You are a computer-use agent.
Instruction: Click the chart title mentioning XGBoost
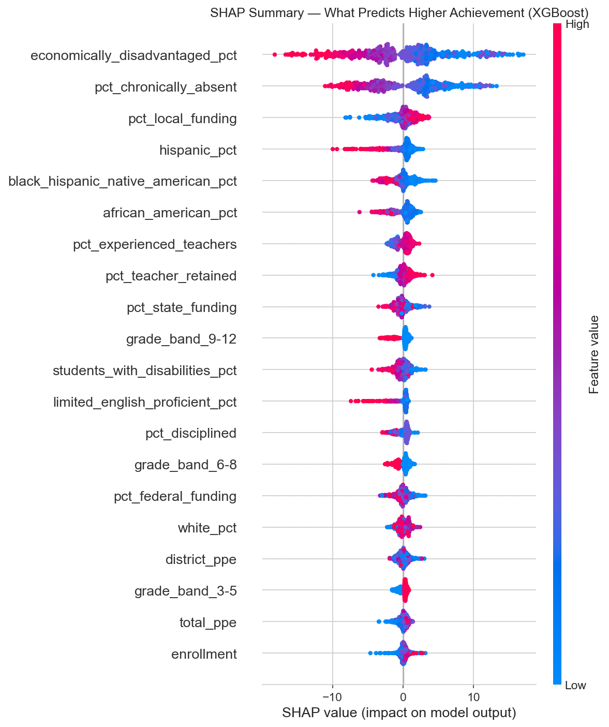point(399,13)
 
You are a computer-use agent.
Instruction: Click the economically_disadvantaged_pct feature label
point(133,55)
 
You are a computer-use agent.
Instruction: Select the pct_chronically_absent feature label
point(166,87)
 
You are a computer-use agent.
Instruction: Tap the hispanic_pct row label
point(198,150)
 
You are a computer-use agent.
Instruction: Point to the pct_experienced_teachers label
point(155,244)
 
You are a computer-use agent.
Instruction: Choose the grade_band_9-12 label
point(181,339)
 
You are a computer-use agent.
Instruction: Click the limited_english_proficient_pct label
point(145,402)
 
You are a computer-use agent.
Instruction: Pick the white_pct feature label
point(207,528)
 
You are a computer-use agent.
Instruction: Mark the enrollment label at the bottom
point(204,654)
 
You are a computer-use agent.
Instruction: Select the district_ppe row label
point(201,559)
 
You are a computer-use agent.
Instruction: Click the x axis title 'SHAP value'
point(399,713)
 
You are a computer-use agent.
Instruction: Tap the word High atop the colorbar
point(577,24)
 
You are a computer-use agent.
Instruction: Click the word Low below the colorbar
point(575,686)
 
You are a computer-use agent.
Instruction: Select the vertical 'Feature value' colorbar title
point(594,354)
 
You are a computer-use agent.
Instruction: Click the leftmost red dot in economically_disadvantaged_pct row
point(274,54)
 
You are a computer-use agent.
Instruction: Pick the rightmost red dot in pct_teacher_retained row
point(432,275)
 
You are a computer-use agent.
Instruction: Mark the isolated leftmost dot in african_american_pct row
point(360,212)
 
